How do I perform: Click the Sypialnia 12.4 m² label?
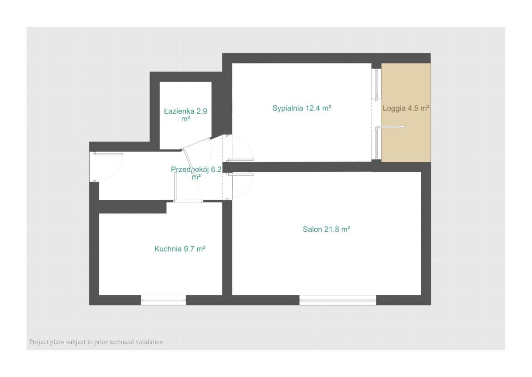point(301,108)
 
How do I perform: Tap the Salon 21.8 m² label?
point(326,229)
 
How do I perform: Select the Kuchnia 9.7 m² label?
point(180,249)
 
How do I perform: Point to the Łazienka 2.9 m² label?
point(185,115)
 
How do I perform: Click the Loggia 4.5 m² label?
point(406,108)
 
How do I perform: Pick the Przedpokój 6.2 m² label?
point(196,173)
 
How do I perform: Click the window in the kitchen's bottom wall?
point(163,300)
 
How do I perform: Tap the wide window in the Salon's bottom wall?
point(337,300)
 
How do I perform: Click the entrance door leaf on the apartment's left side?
point(108,154)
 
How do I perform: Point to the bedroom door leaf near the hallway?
point(240,160)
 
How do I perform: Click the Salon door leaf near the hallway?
point(240,175)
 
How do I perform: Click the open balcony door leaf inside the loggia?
point(390,127)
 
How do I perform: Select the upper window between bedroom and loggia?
point(376,84)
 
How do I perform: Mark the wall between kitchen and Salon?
point(227,248)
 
